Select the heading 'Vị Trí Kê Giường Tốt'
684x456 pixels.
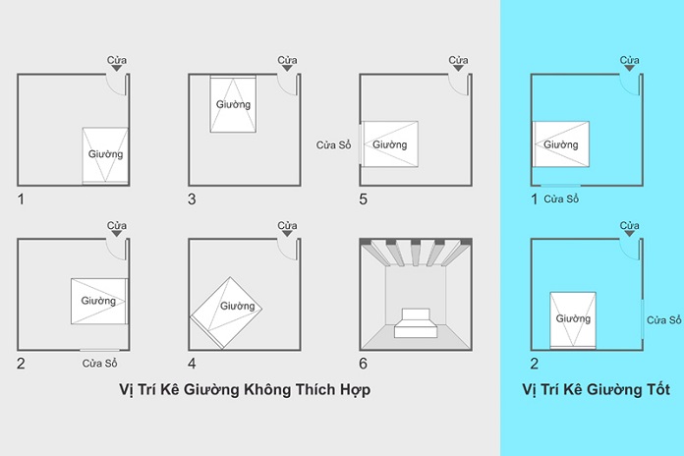(x=596, y=390)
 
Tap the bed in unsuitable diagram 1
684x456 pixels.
(x=104, y=155)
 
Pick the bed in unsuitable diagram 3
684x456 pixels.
(x=233, y=103)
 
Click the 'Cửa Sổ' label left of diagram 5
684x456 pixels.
(x=333, y=145)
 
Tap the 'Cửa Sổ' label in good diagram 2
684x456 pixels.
(x=663, y=320)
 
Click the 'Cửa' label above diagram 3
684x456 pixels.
(x=287, y=60)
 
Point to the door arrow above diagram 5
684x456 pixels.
(x=457, y=71)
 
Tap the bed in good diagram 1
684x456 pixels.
(x=561, y=145)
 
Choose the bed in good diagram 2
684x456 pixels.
(x=573, y=319)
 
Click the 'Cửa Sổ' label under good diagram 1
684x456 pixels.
(x=561, y=199)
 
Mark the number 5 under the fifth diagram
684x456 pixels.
(x=364, y=199)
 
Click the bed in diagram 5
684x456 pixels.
(x=390, y=145)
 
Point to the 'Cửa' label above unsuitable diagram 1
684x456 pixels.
(x=117, y=60)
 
